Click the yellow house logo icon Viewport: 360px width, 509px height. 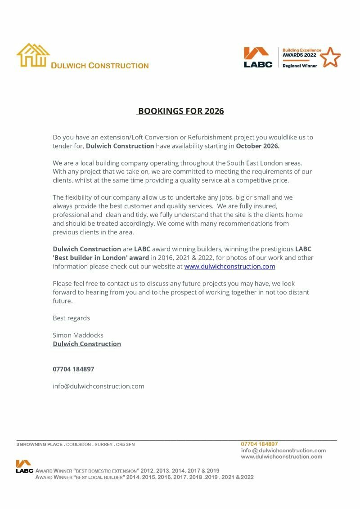pyautogui.click(x=33, y=55)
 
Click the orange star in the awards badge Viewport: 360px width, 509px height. pyautogui.click(x=330, y=57)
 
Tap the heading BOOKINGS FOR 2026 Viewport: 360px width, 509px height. pyautogui.click(x=180, y=111)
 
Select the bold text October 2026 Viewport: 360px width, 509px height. pyautogui.click(x=258, y=146)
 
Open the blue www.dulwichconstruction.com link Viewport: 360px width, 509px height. pyautogui.click(x=229, y=266)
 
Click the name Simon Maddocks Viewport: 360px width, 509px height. pyautogui.click(x=78, y=335)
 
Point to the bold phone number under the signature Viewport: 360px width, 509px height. pyautogui.click(x=73, y=369)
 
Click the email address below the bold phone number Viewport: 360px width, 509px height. pyautogui.click(x=99, y=386)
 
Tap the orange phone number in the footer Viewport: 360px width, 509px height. pyautogui.click(x=259, y=444)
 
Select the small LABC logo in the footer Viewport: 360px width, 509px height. pyautogui.click(x=24, y=466)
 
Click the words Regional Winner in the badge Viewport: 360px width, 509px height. pyautogui.click(x=300, y=66)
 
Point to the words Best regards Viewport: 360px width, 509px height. pyautogui.click(x=71, y=318)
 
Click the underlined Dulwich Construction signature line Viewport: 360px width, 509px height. pyautogui.click(x=87, y=344)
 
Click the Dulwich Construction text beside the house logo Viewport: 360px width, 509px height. pyautogui.click(x=99, y=66)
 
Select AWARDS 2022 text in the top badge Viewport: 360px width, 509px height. pyautogui.click(x=299, y=55)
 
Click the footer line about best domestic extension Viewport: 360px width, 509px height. pyautogui.click(x=127, y=470)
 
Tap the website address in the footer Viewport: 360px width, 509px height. pyautogui.click(x=282, y=456)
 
